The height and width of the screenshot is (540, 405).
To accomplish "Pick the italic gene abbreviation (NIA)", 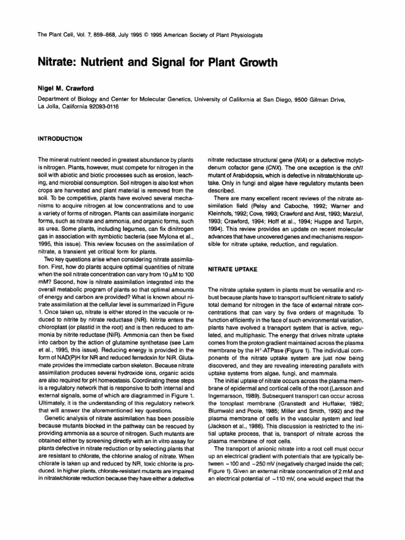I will tap(296, 158).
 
